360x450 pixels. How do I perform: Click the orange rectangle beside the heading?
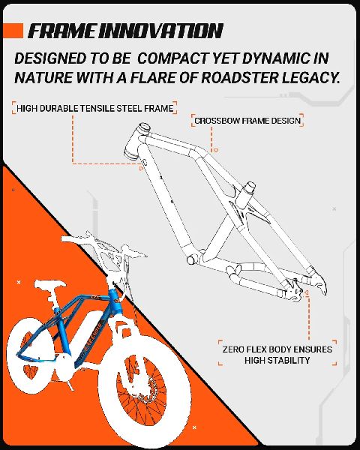13,31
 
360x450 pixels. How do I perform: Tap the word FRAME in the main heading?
61,31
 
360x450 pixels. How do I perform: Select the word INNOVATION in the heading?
160,31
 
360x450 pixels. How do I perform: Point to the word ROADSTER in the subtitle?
239,77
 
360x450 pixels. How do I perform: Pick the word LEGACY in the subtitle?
311,77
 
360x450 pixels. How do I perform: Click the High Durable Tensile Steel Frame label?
94,108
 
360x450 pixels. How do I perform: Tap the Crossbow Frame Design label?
247,121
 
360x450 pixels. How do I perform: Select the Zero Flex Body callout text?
277,355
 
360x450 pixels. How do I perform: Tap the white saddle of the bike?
49,284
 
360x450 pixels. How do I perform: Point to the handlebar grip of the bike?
67,239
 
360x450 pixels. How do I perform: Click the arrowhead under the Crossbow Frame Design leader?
215,150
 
